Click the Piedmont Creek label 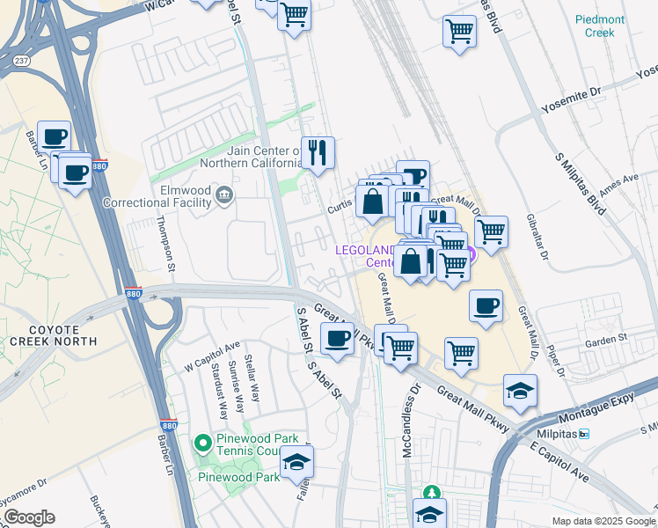pyautogui.click(x=600, y=26)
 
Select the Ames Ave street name pyautogui.click(x=618, y=187)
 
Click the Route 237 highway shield pyautogui.click(x=21, y=60)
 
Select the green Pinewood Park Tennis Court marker pyautogui.click(x=202, y=442)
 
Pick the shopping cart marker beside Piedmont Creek pyautogui.click(x=459, y=33)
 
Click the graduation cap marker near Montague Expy pyautogui.click(x=520, y=390)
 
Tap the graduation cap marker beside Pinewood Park pyautogui.click(x=296, y=461)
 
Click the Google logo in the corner pyautogui.click(x=28, y=517)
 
